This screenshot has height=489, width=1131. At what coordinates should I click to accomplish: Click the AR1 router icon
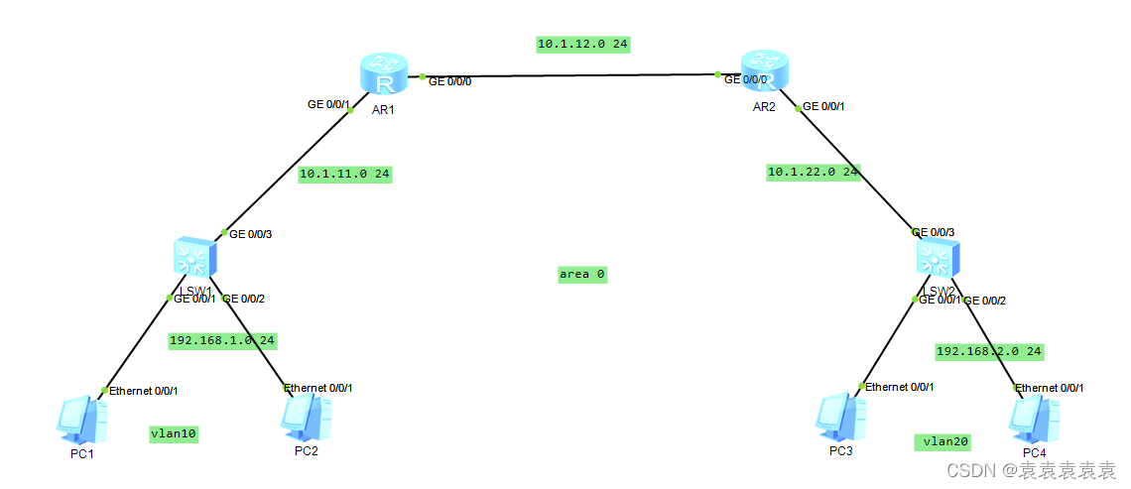tap(382, 75)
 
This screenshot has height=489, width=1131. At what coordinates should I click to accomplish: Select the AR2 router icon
tap(763, 73)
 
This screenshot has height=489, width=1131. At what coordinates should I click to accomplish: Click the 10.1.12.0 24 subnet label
tap(583, 44)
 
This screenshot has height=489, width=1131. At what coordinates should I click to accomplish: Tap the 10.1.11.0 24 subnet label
tap(345, 174)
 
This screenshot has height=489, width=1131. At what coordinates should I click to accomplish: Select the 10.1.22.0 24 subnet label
tap(814, 172)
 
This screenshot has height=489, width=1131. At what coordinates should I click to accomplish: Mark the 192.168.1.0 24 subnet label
tap(222, 340)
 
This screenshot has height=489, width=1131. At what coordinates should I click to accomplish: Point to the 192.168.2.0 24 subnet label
tap(989, 351)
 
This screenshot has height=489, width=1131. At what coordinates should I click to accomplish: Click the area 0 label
tap(582, 274)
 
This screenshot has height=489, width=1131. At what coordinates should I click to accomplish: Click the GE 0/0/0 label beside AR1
tap(449, 81)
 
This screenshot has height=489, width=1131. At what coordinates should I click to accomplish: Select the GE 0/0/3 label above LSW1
tap(250, 235)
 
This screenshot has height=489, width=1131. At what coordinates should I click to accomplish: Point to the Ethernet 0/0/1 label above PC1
tap(144, 391)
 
